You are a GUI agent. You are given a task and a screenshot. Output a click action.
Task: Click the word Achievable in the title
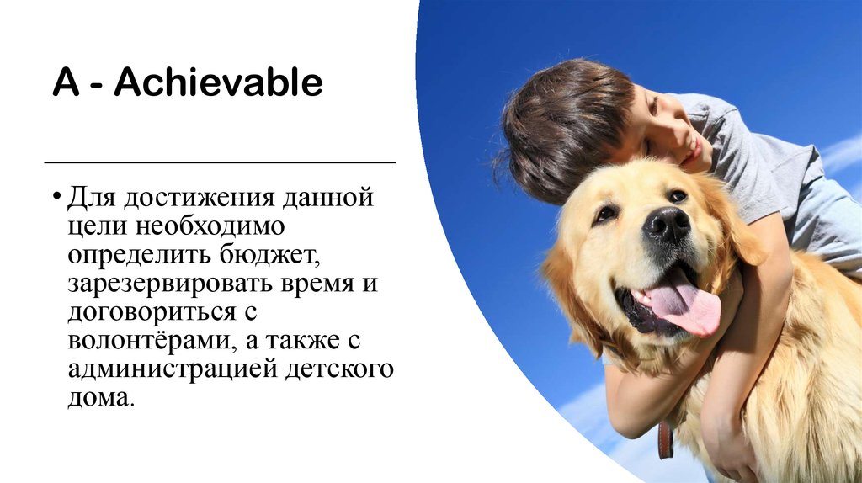click(219, 84)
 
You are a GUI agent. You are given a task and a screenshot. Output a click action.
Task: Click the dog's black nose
click(667, 225)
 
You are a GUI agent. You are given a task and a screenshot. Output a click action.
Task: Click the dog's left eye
click(604, 214)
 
